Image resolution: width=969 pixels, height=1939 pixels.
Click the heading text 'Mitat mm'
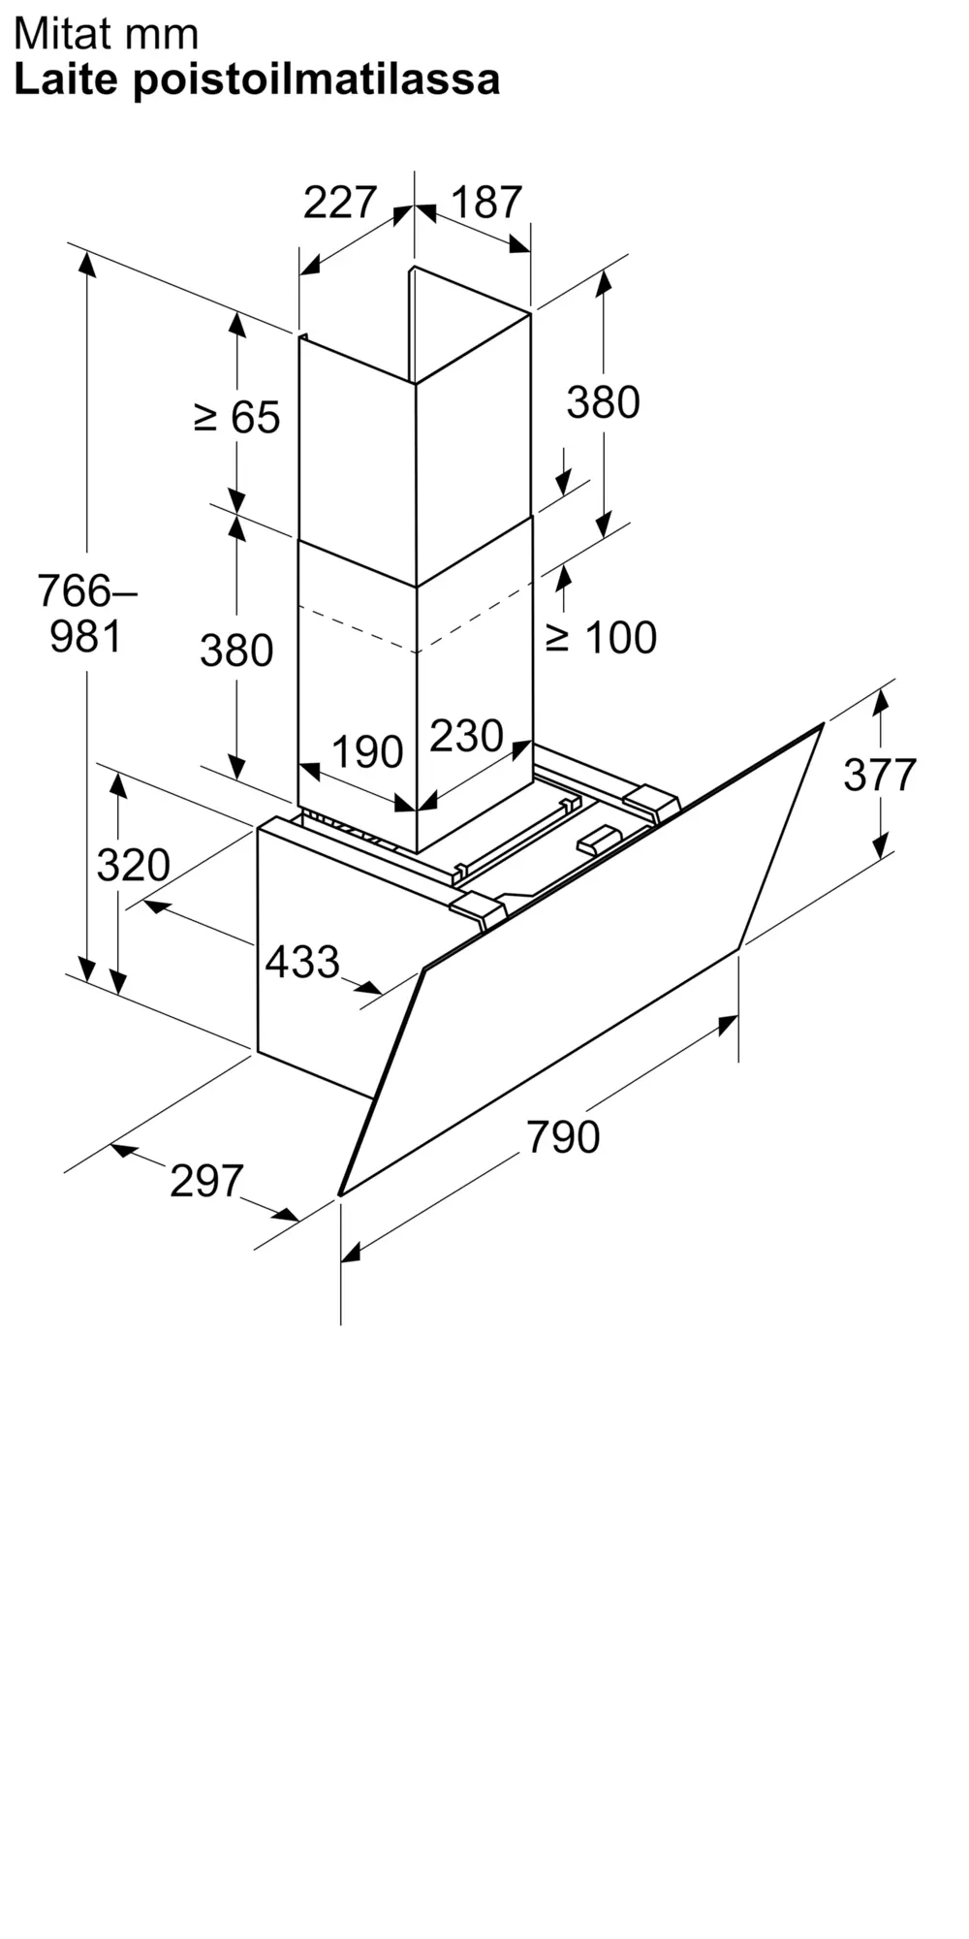coord(106,35)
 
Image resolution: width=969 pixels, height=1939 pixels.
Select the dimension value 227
coord(339,203)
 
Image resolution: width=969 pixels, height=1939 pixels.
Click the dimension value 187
coord(486,203)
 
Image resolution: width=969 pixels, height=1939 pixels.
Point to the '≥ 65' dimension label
coord(237,417)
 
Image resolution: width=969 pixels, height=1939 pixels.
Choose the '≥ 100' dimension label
coord(601,637)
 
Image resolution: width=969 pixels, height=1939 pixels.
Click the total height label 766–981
coord(86,613)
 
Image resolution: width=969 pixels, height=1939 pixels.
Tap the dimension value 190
coord(367,752)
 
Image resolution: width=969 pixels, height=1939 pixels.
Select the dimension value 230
coord(466,737)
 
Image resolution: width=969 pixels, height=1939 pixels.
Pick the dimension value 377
coord(880,775)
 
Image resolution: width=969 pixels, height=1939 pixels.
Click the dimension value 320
coord(133,865)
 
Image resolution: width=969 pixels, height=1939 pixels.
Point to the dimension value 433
coord(302,962)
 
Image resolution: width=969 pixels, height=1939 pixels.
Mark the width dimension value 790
coord(563,1136)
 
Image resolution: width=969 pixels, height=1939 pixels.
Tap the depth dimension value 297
coord(206,1181)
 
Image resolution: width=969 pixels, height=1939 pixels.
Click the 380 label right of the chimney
coord(603,402)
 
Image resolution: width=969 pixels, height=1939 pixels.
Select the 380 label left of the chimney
coord(236,651)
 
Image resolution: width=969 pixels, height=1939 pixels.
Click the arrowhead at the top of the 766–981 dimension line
coord(87,262)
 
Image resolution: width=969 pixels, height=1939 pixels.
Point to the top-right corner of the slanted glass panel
coord(824,723)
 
